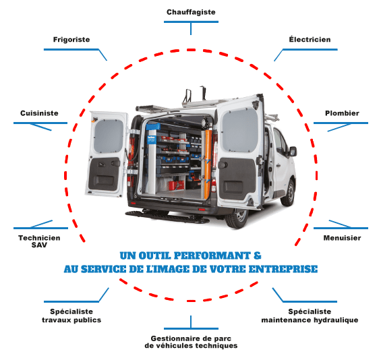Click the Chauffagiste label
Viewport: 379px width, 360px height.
[191, 12]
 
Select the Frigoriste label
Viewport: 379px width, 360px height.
[71, 40]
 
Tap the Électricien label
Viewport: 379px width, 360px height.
[310, 39]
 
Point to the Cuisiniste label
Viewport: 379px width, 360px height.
[39, 113]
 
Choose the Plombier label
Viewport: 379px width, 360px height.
[342, 113]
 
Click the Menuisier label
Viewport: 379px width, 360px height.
[343, 238]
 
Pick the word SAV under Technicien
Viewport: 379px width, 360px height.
[39, 245]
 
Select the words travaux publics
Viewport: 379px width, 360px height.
[71, 320]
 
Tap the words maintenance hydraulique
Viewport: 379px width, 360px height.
[310, 320]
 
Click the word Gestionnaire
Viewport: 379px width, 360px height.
[178, 338]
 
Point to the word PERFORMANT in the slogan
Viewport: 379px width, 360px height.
[212, 256]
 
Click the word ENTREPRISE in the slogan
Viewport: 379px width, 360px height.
[283, 269]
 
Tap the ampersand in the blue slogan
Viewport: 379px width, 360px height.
[258, 256]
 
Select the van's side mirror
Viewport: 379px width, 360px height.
[293, 151]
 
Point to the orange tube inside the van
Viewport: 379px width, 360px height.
[208, 164]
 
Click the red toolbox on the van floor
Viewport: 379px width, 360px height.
[176, 185]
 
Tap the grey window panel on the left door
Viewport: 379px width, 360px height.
[109, 136]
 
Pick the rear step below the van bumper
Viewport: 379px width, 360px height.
[167, 216]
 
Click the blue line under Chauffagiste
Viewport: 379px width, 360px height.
[191, 22]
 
